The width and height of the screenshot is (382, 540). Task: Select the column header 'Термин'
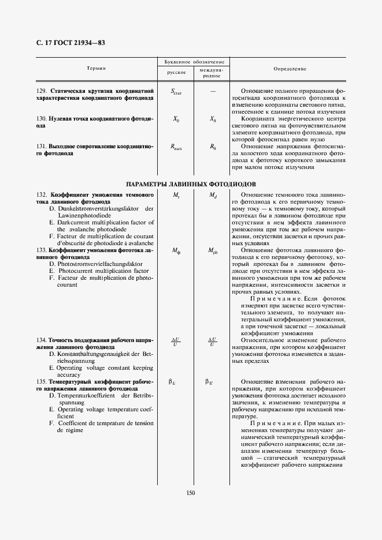click(96, 69)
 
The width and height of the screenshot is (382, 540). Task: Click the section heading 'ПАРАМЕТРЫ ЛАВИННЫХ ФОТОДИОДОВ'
click(191, 183)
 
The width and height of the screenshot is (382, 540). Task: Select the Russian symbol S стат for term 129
click(176, 92)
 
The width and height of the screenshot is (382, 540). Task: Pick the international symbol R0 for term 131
click(212, 147)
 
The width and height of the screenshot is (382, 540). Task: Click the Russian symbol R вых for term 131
click(176, 148)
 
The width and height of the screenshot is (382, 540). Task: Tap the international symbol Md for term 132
click(212, 196)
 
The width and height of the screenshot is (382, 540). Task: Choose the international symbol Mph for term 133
click(212, 251)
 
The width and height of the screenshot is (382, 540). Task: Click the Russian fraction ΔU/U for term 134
click(176, 342)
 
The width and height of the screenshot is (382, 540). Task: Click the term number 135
click(42, 382)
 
